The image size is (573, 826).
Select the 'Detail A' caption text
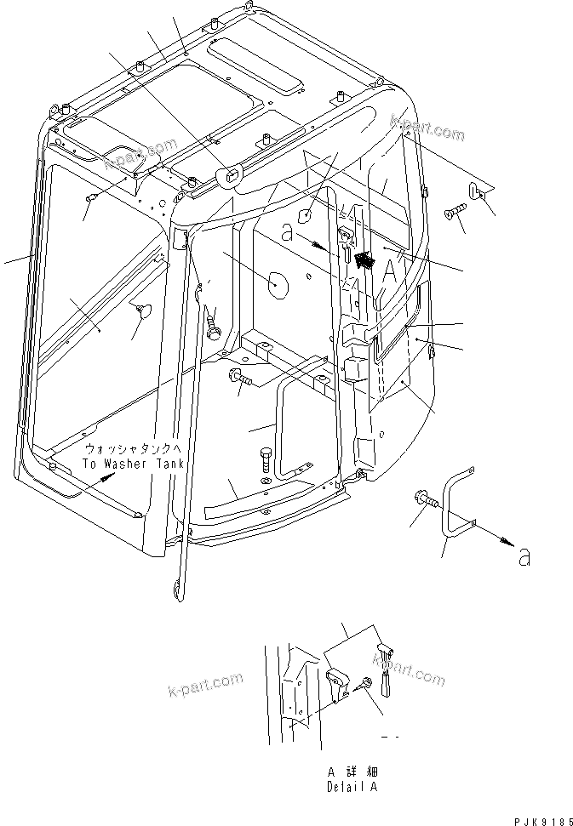[352, 787]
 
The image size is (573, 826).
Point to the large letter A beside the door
[389, 271]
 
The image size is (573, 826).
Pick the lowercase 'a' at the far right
[525, 557]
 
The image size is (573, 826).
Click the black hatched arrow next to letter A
[364, 260]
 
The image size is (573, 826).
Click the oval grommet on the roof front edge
[230, 176]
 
